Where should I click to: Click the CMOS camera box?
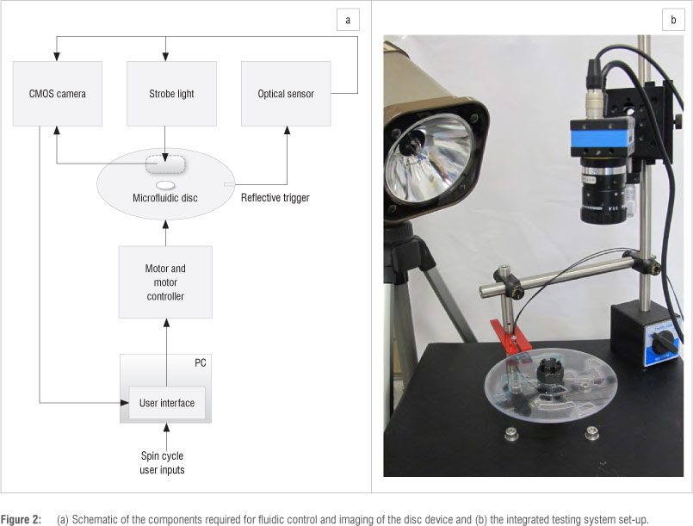(58, 93)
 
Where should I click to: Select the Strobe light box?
(165, 93)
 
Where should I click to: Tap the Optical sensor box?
(285, 93)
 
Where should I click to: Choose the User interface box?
(167, 402)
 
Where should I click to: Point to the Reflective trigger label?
(275, 198)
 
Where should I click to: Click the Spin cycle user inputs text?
(164, 462)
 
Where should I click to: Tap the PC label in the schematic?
(200, 363)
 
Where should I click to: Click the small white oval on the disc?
(165, 184)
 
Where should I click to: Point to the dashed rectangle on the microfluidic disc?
(165, 164)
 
